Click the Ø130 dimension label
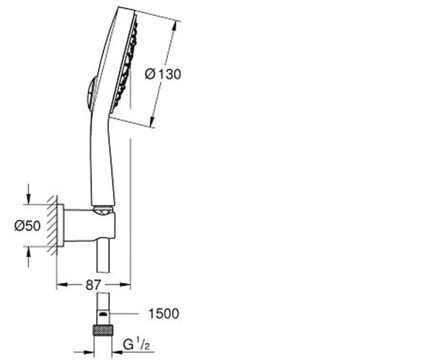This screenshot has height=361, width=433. (163, 74)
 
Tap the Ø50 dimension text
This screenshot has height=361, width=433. (27, 226)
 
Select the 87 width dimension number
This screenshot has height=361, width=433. (93, 284)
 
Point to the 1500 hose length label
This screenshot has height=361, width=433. (164, 313)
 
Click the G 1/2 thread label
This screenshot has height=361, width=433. (136, 344)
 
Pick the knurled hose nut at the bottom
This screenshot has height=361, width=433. (103, 331)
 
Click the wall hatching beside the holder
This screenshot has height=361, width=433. (52, 225)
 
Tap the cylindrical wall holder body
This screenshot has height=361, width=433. (89, 225)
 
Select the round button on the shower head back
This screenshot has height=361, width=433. (90, 94)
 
